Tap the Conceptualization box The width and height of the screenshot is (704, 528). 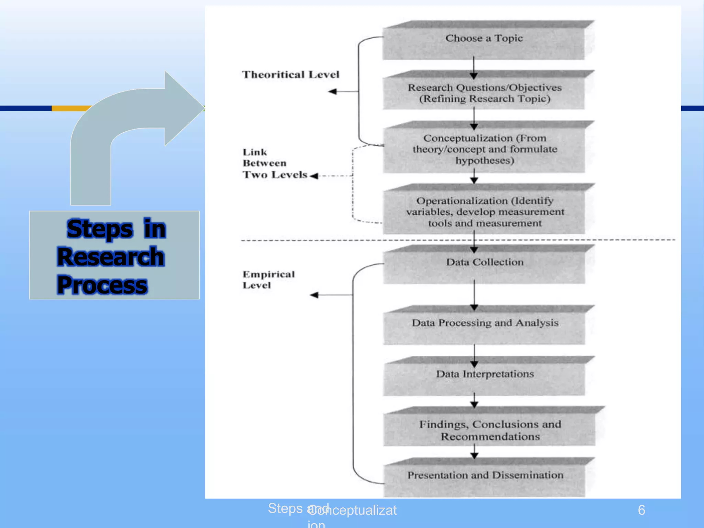point(484,149)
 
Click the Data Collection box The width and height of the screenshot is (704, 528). point(484,266)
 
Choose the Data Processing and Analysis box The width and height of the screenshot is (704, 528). point(484,327)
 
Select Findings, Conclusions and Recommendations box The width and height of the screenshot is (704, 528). point(489,430)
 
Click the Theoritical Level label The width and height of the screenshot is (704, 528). point(290,75)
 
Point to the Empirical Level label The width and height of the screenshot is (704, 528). point(268,280)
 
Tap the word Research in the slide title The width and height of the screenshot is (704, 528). point(111,257)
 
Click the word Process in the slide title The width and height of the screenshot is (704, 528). point(102,285)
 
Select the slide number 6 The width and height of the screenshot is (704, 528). point(641,510)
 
